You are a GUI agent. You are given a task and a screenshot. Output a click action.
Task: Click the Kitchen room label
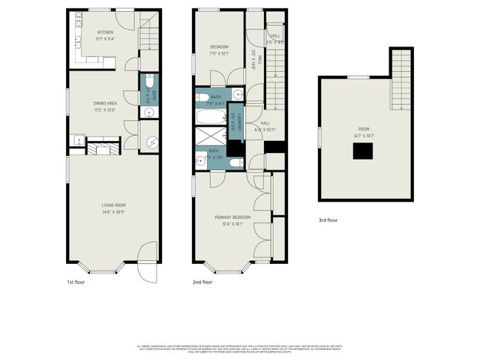(x=104, y=32)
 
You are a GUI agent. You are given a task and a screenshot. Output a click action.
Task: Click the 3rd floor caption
(x=327, y=220)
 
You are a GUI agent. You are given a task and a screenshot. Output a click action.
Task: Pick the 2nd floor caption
(x=202, y=283)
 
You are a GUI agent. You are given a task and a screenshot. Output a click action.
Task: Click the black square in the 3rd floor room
(x=364, y=151)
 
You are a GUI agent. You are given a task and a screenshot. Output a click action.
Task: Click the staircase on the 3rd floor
(x=401, y=64)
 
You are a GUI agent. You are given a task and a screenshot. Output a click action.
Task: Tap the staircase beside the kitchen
(x=150, y=31)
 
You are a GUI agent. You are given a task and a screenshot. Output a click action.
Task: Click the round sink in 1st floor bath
(x=148, y=113)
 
